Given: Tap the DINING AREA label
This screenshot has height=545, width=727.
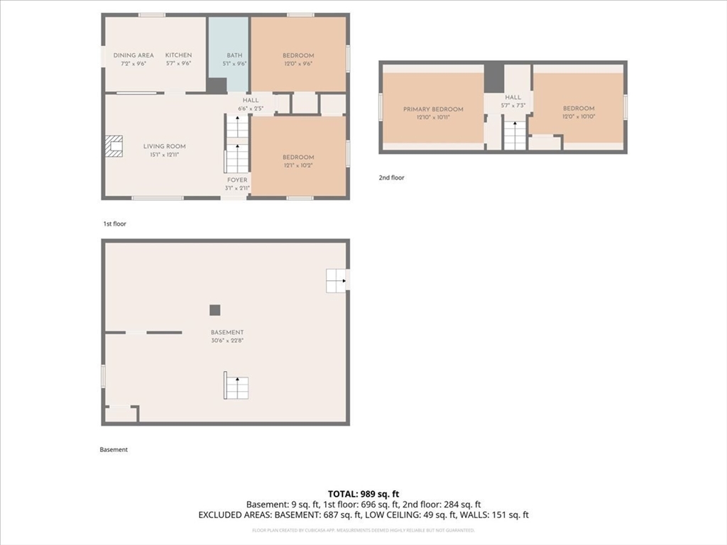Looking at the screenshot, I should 133,55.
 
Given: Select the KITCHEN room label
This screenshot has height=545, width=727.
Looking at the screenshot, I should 178,55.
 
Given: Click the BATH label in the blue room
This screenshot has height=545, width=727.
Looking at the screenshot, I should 234,55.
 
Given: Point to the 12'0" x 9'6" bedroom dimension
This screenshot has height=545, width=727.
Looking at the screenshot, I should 298,63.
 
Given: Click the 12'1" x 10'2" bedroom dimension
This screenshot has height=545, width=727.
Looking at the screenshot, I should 298,165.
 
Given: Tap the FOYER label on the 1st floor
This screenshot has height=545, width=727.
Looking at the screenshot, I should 237,180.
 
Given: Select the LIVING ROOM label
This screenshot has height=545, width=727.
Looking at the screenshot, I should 164,146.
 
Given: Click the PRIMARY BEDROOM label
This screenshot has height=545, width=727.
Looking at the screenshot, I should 433,109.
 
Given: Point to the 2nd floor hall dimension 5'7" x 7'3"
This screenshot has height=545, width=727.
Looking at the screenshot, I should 513,105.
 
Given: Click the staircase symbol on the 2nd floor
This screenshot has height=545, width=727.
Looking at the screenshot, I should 515,135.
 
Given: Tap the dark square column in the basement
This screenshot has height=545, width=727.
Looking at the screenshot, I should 215,310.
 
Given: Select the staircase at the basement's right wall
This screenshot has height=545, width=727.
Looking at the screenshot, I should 336,281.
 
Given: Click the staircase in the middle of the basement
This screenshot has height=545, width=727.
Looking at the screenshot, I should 236,386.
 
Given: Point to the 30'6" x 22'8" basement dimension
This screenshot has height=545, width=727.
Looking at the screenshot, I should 227,340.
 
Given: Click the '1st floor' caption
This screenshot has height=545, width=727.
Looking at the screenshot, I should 114,224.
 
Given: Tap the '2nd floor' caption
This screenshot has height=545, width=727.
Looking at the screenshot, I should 391,178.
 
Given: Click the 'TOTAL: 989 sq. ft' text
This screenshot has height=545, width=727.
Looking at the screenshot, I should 363,493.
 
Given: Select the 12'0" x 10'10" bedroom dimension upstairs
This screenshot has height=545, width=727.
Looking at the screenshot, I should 579,116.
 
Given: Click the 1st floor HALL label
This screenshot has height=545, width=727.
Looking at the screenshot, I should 251,101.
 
